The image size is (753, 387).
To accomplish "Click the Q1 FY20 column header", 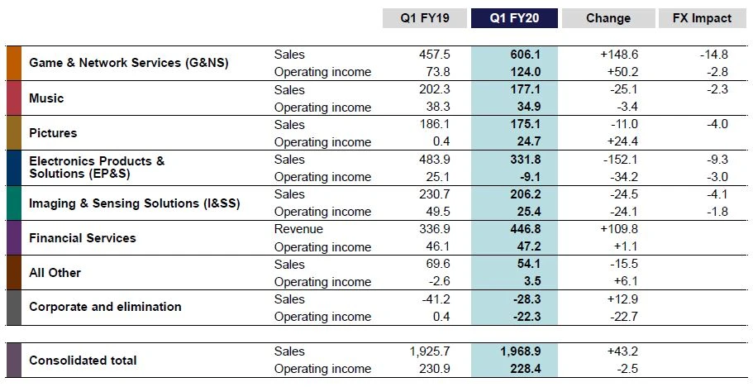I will pyautogui.click(x=514, y=18).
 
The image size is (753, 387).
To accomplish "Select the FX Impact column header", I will pyautogui.click(x=703, y=18).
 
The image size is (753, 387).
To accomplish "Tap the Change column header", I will pyautogui.click(x=608, y=18).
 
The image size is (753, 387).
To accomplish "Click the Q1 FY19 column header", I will pyautogui.click(x=424, y=18).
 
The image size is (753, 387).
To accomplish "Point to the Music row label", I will pyautogui.click(x=46, y=98).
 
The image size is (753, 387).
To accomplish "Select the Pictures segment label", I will pyautogui.click(x=53, y=133).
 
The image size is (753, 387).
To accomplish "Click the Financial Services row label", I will pyautogui.click(x=82, y=238).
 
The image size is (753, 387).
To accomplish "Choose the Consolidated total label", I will pyautogui.click(x=83, y=361).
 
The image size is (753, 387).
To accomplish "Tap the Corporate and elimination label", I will pyautogui.click(x=105, y=307).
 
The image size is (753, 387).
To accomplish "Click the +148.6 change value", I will pyautogui.click(x=620, y=54).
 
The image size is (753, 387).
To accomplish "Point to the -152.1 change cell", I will pyautogui.click(x=621, y=159).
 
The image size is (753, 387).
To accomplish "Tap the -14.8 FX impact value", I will pyautogui.click(x=712, y=54).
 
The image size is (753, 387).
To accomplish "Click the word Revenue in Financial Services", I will pyautogui.click(x=298, y=229).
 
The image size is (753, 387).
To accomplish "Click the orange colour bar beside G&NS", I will pyautogui.click(x=12, y=63).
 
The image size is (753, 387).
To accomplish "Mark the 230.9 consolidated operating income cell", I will pyautogui.click(x=433, y=369).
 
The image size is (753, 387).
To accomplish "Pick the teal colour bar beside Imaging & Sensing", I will pyautogui.click(x=12, y=203).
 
